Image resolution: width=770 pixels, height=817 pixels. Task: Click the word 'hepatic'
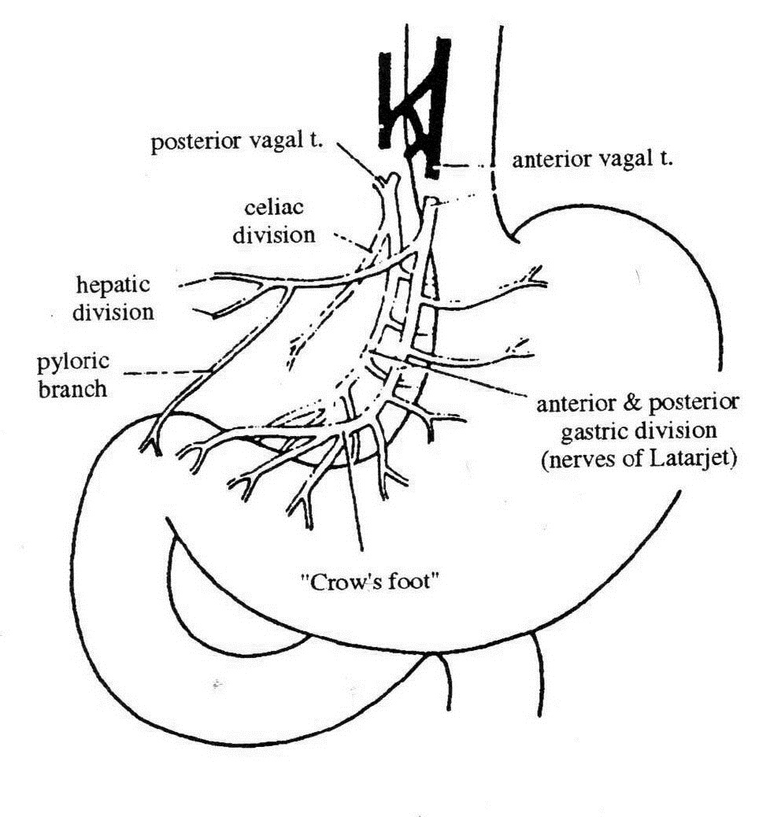pos(113,283)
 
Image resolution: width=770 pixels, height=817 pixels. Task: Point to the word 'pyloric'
pos(72,364)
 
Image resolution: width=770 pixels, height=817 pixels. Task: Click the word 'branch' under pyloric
pos(72,388)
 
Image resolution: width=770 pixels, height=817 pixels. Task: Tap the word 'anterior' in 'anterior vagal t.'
pos(549,161)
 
